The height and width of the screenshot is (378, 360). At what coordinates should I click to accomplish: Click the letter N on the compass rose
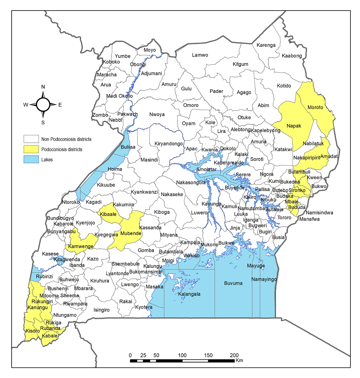pyautogui.click(x=43, y=87)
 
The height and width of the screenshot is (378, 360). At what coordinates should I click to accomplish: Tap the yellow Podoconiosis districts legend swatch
pyautogui.click(x=31, y=149)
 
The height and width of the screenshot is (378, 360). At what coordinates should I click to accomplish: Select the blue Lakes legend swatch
pyautogui.click(x=31, y=160)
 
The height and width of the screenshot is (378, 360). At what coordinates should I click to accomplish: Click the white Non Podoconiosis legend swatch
pyautogui.click(x=31, y=139)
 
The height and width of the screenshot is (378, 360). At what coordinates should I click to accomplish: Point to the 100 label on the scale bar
pyautogui.click(x=182, y=355)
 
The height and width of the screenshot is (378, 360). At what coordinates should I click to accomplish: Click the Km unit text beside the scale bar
pyautogui.click(x=239, y=361)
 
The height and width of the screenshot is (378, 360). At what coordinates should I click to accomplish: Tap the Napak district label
pyautogui.click(x=294, y=126)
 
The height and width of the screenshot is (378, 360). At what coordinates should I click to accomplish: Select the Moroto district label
pyautogui.click(x=315, y=107)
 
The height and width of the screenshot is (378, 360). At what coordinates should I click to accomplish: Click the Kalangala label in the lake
pyautogui.click(x=189, y=294)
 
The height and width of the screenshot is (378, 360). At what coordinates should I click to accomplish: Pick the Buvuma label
pyautogui.click(x=233, y=283)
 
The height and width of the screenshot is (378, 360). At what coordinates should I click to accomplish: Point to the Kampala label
pyautogui.click(x=190, y=243)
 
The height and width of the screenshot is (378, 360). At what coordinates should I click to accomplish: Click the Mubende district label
pyautogui.click(x=131, y=234)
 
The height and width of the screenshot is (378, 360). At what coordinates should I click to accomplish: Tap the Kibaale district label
pyautogui.click(x=108, y=215)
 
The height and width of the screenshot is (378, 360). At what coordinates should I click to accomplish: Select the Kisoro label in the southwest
pyautogui.click(x=32, y=331)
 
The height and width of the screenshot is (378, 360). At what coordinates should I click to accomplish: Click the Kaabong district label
pyautogui.click(x=292, y=56)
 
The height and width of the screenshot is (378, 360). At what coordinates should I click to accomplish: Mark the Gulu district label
pyautogui.click(x=186, y=89)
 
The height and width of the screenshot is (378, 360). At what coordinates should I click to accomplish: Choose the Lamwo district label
pyautogui.click(x=200, y=55)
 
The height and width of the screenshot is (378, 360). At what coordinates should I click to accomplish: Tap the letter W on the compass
pyautogui.click(x=26, y=104)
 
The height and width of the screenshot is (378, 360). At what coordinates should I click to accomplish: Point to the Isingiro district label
pyautogui.click(x=101, y=310)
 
